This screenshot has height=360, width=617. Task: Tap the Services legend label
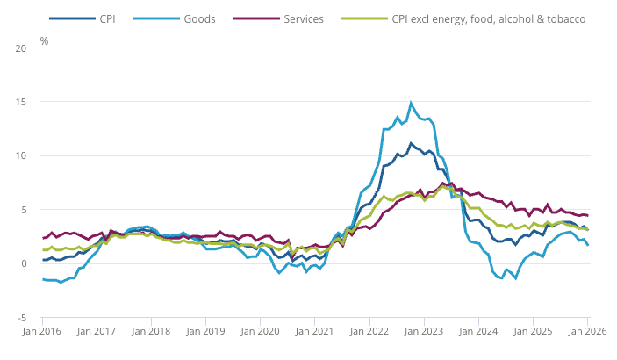click(304, 18)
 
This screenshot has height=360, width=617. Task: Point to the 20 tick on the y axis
click(21, 47)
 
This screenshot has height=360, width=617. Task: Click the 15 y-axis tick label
click(21, 102)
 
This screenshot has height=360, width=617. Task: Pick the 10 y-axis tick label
click(21, 156)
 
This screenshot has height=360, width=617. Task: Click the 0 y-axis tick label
click(24, 263)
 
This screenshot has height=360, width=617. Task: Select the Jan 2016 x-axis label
click(42, 332)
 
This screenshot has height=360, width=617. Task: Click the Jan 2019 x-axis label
click(205, 332)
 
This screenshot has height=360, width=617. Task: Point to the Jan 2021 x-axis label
click(315, 332)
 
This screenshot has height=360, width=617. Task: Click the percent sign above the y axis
click(44, 41)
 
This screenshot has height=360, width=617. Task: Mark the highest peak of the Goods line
click(411, 103)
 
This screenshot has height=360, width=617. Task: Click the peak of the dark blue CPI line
click(410, 143)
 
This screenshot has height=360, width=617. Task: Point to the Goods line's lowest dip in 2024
click(501, 278)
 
